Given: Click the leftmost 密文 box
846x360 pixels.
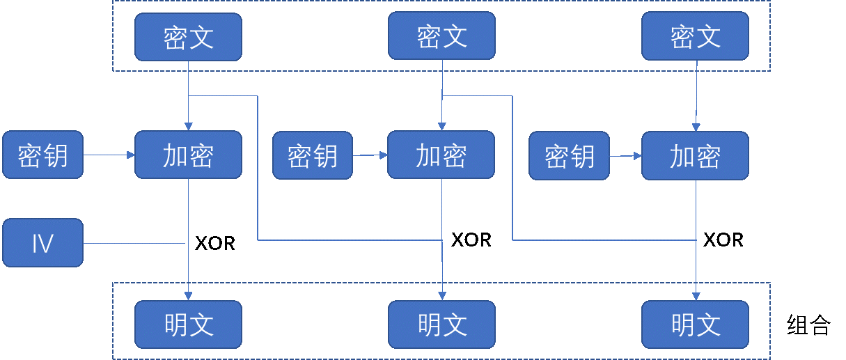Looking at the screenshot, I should [x=188, y=36].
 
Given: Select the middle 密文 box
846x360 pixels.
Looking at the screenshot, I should [x=441, y=36].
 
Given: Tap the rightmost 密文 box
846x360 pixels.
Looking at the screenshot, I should [x=695, y=36].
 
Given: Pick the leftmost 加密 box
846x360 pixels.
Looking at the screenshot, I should [x=188, y=155].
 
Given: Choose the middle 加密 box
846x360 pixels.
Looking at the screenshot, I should [x=441, y=155].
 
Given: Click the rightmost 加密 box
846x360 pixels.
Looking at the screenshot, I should [x=695, y=155].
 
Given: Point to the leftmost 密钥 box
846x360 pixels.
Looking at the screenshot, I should [x=42, y=155].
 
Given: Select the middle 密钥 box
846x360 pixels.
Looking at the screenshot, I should [x=312, y=155].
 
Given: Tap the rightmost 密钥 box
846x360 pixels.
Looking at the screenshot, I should [x=569, y=155].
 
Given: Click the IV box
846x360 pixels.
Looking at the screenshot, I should [x=42, y=243].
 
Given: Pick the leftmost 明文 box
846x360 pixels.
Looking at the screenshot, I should [x=188, y=324].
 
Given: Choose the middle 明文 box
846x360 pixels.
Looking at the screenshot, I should [x=441, y=324].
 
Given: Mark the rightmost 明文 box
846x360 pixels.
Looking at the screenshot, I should [x=695, y=324].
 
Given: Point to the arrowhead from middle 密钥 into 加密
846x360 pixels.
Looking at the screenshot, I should [x=384, y=155].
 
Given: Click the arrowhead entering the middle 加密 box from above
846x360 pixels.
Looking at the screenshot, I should [x=442, y=127].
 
